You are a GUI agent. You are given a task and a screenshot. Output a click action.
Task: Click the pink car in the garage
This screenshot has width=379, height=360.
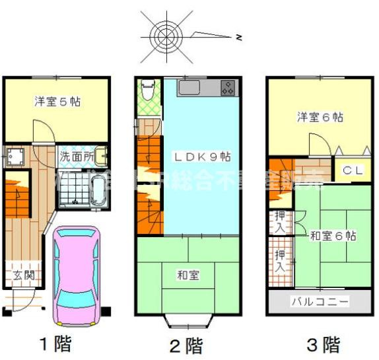point(78,277)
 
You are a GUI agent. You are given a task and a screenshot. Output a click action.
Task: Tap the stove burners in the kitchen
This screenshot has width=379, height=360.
point(228,87)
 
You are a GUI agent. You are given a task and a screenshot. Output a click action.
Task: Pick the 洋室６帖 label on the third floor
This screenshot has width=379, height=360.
point(320,117)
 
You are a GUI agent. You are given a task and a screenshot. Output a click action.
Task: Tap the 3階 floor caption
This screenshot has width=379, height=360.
point(323,344)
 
